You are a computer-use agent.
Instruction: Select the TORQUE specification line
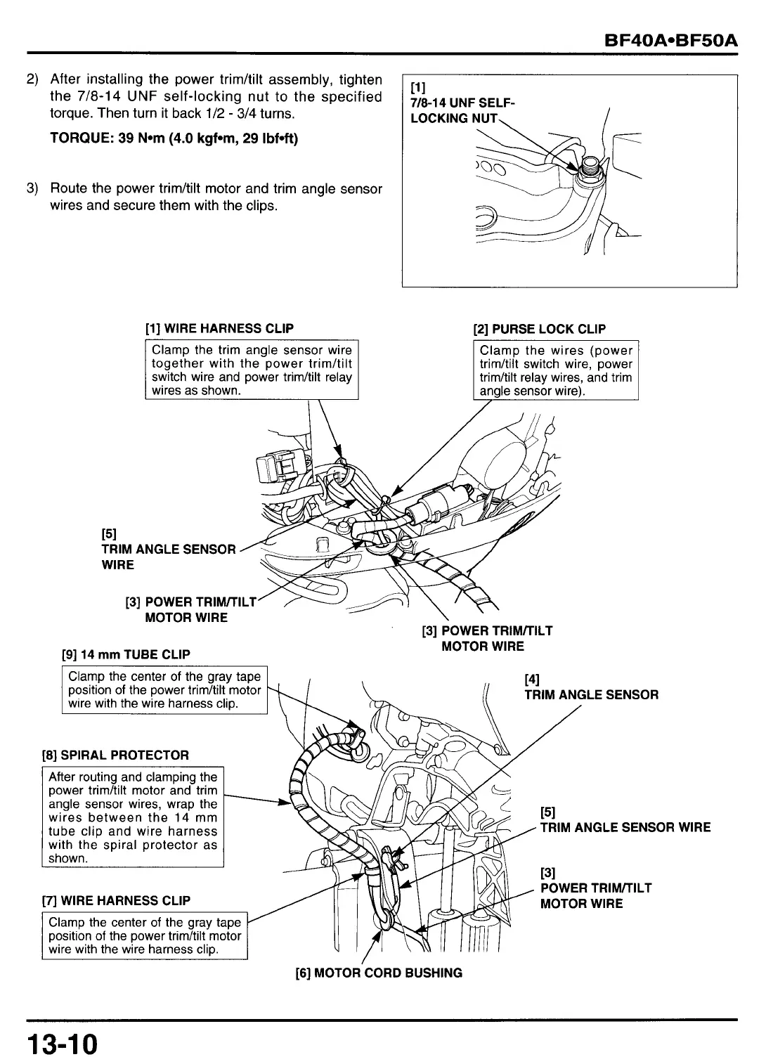[x=174, y=138]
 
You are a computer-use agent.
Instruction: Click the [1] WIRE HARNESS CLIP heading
[x=219, y=329]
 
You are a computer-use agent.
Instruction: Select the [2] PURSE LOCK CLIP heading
[x=540, y=329]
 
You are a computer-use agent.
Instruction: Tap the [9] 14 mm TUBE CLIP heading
[x=126, y=654]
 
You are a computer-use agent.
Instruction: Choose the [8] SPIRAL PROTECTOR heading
[x=116, y=755]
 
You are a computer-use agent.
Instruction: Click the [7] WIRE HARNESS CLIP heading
[x=117, y=901]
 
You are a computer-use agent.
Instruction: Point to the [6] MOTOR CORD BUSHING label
[x=379, y=973]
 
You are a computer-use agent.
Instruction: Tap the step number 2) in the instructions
[x=32, y=79]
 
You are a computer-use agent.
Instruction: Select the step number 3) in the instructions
[x=32, y=188]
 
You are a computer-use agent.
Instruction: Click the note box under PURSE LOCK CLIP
[x=556, y=370]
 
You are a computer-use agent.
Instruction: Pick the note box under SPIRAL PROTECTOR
[x=133, y=817]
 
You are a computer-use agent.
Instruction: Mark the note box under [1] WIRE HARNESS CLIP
[x=252, y=370]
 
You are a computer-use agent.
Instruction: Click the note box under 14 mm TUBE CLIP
[x=164, y=689]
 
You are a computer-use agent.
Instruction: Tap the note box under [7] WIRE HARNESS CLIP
[x=145, y=935]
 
